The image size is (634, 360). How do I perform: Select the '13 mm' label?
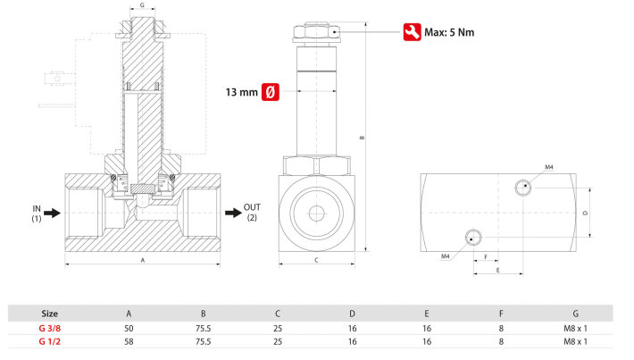241,91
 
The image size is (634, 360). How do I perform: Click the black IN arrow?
53,213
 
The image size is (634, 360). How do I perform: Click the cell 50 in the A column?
129,328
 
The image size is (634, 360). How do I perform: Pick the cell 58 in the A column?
129,341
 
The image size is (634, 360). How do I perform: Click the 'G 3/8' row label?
50,328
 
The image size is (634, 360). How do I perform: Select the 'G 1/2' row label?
50,341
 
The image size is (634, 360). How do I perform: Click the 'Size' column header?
50,314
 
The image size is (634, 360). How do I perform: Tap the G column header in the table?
576,314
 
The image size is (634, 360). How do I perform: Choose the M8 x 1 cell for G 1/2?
576,341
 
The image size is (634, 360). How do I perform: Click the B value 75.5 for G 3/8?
204,328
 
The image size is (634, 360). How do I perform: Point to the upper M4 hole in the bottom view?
524,188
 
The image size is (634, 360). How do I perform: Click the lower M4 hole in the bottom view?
472,237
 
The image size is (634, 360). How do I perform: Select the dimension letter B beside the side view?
362,138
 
